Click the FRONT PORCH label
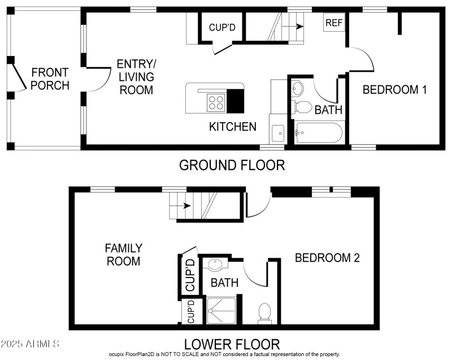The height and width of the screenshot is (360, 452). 50,79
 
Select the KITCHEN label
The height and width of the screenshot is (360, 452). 233,127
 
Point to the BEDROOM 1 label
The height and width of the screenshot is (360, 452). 394,89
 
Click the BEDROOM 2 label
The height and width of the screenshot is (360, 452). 327,258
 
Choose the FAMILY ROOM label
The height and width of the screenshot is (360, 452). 123,254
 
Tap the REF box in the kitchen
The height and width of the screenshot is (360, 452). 333,23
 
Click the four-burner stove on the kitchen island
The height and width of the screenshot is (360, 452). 216,102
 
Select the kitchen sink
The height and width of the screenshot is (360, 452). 277,133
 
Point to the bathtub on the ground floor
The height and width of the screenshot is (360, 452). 319,133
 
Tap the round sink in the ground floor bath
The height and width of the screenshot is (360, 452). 298,88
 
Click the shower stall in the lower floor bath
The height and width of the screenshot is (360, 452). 221,310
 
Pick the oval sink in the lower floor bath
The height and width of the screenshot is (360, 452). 215,264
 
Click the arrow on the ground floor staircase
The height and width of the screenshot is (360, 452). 292,26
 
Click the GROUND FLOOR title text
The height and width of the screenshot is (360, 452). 232,165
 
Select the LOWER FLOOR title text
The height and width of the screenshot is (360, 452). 232,344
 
